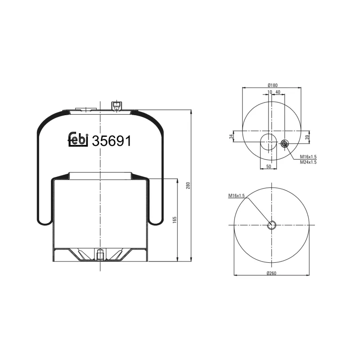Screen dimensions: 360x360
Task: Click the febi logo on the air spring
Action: click(x=77, y=140)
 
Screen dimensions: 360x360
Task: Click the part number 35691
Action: click(x=111, y=141)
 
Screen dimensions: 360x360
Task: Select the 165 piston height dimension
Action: click(x=174, y=220)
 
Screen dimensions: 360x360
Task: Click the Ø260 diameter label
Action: click(x=272, y=273)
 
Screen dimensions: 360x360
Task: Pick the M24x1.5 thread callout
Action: click(x=308, y=162)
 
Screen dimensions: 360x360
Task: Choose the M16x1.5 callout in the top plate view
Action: click(x=308, y=157)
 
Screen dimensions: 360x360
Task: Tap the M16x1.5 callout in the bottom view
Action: click(x=236, y=195)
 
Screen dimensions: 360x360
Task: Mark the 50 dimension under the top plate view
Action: click(x=269, y=166)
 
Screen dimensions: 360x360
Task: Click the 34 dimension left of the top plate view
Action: click(x=231, y=136)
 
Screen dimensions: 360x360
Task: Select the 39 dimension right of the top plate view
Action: click(x=307, y=137)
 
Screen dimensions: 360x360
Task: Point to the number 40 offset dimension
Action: click(x=278, y=92)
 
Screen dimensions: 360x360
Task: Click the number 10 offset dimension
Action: click(x=270, y=92)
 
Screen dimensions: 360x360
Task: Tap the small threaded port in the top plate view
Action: click(x=284, y=144)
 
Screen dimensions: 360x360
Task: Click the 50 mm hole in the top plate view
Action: click(x=269, y=142)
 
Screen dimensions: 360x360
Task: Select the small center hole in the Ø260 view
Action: click(x=272, y=225)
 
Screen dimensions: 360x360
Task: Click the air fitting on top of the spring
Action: click(x=116, y=105)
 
